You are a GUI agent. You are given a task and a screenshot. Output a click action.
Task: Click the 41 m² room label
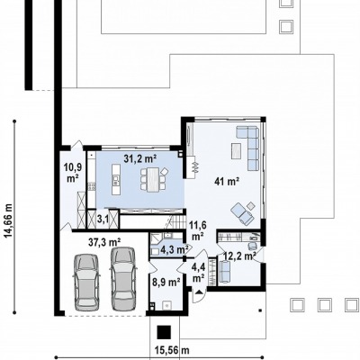(227, 181)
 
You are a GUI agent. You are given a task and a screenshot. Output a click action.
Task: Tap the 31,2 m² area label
(140, 158)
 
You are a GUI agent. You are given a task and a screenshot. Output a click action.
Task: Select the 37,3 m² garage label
(104, 241)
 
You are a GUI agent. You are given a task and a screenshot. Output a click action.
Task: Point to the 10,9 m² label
(73, 173)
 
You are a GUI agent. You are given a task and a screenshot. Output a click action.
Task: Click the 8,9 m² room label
(166, 282)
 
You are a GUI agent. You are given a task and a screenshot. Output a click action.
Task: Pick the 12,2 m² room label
(239, 256)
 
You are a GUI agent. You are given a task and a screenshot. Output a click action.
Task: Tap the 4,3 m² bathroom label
(172, 248)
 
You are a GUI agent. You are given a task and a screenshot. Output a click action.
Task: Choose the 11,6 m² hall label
(196, 229)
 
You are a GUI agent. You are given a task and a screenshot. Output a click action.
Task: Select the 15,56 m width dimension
(172, 350)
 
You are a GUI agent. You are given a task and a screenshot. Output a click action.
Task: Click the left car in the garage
(86, 283)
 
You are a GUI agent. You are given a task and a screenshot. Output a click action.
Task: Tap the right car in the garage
(123, 278)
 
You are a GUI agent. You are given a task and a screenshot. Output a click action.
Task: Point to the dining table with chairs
(153, 179)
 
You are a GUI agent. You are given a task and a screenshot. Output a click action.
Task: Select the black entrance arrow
(199, 292)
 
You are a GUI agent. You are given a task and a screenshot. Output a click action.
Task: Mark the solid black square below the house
(165, 332)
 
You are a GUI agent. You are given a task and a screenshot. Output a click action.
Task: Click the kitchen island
(115, 179)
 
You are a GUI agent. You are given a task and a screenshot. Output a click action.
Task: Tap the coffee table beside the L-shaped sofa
(237, 151)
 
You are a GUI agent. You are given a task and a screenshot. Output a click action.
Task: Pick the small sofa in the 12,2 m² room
(224, 272)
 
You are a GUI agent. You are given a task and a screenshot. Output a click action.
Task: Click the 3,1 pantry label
(103, 219)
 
